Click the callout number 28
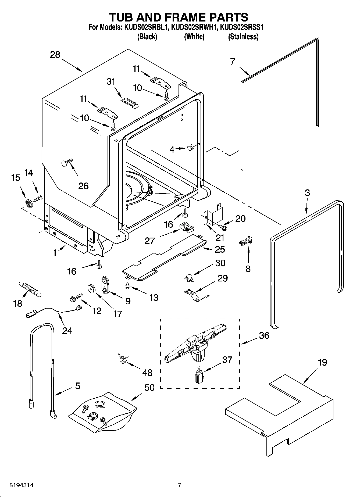coord(55,55)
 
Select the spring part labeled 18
coord(29,289)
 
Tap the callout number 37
coord(227,359)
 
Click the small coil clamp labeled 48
coord(123,359)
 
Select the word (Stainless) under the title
coord(243,37)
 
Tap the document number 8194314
coord(19,485)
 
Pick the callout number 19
coord(322,362)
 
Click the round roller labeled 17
coord(92,288)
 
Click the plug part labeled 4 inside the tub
coord(190,148)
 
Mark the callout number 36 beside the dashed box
coord(264,335)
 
